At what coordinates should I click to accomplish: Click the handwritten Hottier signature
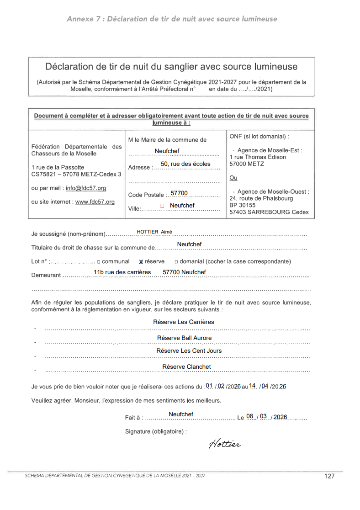coord(225,444)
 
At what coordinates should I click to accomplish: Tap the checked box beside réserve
coord(141,262)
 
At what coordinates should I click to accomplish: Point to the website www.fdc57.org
coord(95,202)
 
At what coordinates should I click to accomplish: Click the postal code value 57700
coord(179,193)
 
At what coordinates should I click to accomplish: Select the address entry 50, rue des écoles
coord(185,164)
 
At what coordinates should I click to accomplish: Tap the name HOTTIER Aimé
coord(154,232)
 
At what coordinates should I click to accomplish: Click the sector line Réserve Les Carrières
coord(184,322)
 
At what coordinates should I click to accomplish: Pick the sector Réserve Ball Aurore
coord(184,338)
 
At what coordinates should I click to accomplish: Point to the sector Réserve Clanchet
coord(186,367)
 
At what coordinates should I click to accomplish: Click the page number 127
coord(329,476)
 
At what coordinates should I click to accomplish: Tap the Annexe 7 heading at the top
coord(172,19)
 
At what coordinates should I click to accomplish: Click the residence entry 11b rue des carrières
coord(122,272)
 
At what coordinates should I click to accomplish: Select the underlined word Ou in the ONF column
coord(233,178)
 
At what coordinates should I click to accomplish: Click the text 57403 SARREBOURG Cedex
coord(269,212)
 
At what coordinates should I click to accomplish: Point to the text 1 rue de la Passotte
coord(58,167)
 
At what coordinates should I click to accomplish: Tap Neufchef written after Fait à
coord(181,414)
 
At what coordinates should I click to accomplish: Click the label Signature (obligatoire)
coord(156,431)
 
